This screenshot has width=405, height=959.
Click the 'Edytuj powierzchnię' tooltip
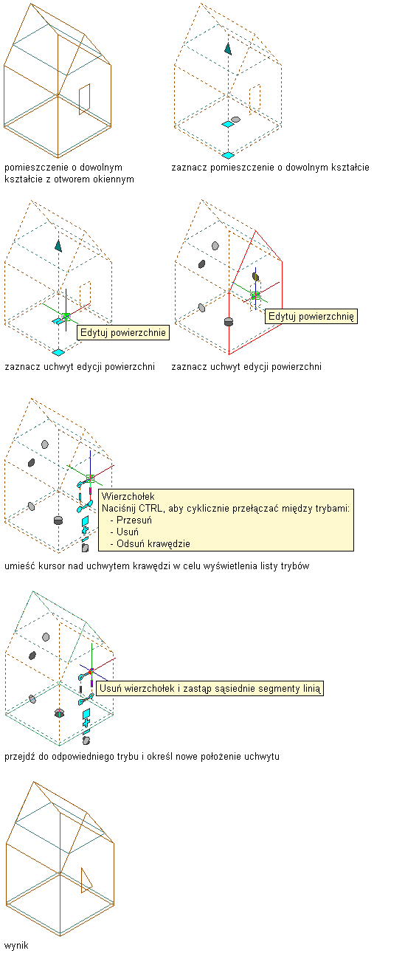click(311, 317)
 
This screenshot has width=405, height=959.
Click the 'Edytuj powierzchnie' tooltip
click(123, 333)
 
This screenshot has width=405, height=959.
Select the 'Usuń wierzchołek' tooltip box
click(210, 688)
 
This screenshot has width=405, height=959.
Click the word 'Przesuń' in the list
click(134, 520)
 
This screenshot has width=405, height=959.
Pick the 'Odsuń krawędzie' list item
click(153, 543)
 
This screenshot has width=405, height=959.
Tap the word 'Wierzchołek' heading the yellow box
click(128, 497)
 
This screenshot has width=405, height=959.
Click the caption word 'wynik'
click(16, 945)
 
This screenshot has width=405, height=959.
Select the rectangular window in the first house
click(84, 100)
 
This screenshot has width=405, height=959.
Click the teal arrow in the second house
click(228, 49)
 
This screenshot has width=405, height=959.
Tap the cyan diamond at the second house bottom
click(228, 155)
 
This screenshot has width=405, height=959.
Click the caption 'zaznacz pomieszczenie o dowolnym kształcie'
click(270, 168)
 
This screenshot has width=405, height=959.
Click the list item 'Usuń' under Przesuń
click(128, 532)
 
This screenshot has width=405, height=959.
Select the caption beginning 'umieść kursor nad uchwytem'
click(157, 566)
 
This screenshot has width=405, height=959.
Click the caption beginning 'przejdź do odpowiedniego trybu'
click(142, 757)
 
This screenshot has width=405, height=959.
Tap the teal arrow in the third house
click(58, 246)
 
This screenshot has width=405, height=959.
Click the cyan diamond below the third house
click(58, 352)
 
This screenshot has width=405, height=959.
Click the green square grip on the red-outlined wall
click(256, 295)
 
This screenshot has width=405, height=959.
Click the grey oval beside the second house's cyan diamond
click(235, 120)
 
